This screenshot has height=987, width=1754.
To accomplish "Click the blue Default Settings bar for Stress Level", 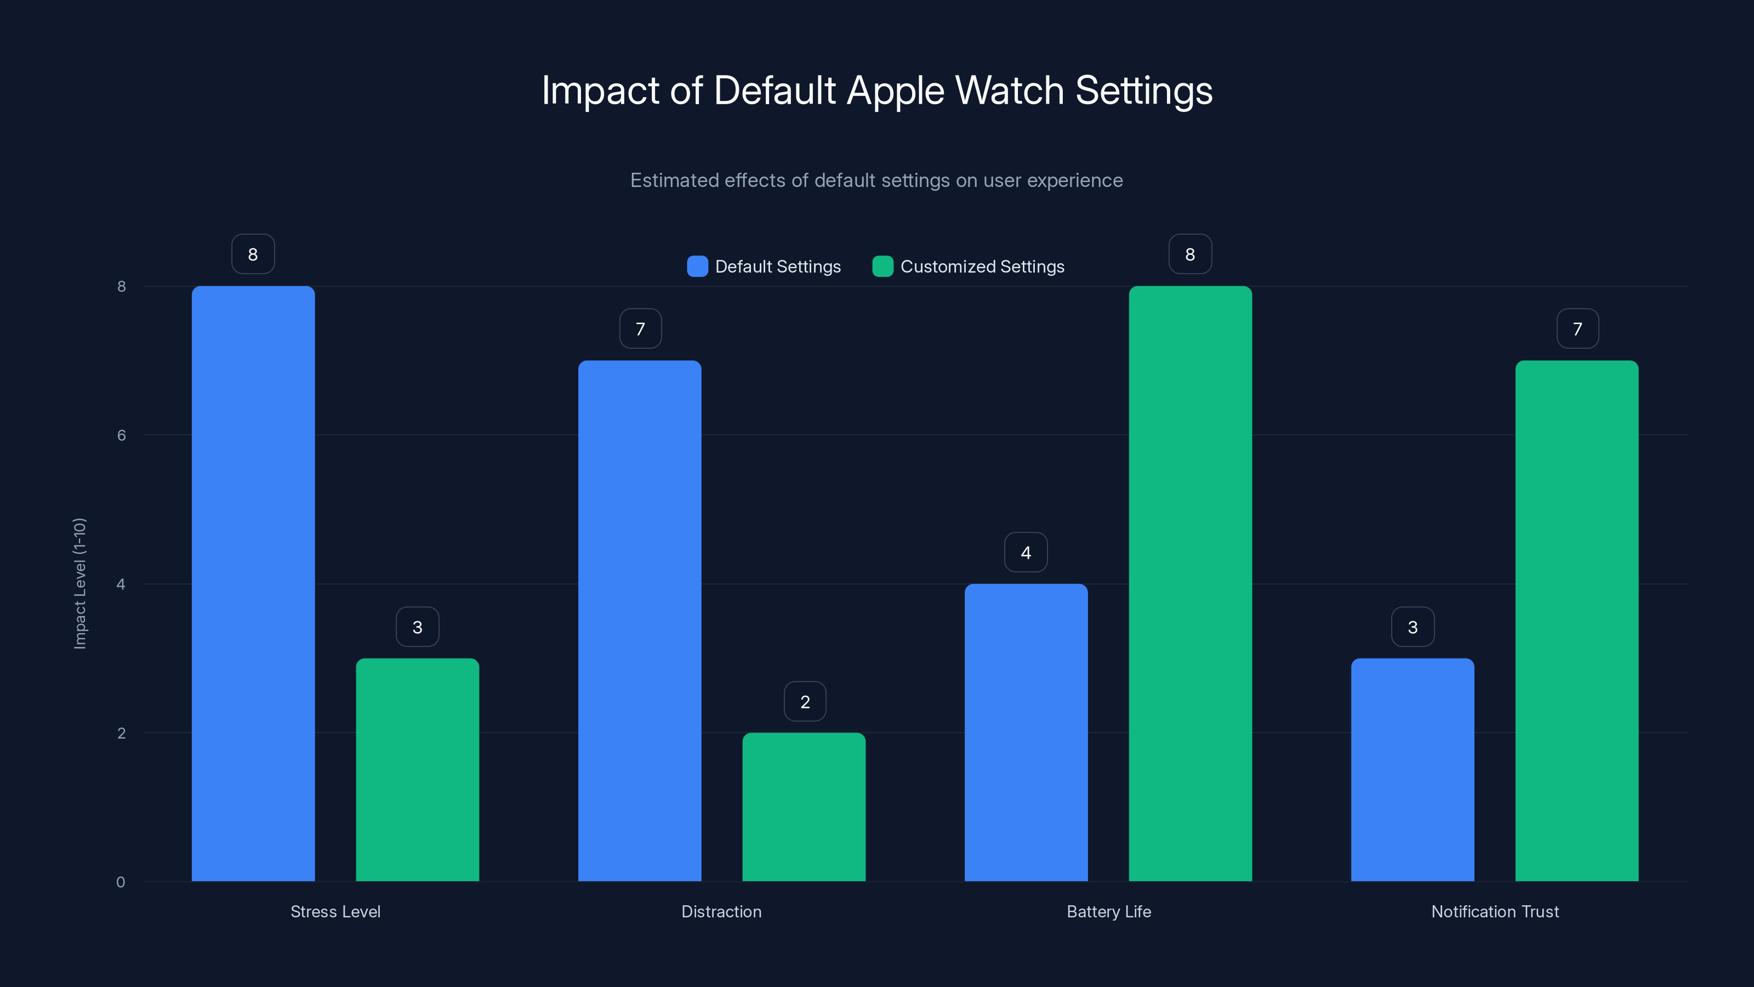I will click(x=253, y=584).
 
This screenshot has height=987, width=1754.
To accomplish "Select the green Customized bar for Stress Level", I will click(x=417, y=770).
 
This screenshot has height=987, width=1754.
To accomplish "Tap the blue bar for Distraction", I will click(x=639, y=621).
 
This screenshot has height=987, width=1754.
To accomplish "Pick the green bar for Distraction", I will click(x=804, y=807).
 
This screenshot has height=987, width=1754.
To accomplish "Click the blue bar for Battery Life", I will click(x=1026, y=732).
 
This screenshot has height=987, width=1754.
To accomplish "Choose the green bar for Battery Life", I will click(x=1189, y=584).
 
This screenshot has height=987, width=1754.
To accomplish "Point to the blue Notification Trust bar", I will click(x=1412, y=770).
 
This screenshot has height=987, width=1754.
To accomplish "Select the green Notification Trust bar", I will click(x=1576, y=621).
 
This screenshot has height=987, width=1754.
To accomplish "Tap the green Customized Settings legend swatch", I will click(x=882, y=266).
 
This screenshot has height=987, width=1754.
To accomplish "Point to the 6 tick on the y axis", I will click(x=121, y=435).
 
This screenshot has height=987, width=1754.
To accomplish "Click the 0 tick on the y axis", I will click(x=121, y=882).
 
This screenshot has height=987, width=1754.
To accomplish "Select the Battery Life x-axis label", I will click(x=1108, y=911).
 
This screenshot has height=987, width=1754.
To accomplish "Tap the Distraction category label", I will click(x=721, y=911).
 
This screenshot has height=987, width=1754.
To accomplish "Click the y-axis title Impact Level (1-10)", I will click(x=79, y=584).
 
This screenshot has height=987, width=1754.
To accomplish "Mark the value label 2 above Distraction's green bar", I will click(x=805, y=702).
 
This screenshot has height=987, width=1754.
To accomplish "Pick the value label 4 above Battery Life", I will click(x=1026, y=552).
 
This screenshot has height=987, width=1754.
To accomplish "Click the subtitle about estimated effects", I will click(x=876, y=180).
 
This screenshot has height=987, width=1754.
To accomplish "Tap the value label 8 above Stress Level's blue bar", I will click(x=253, y=254).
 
